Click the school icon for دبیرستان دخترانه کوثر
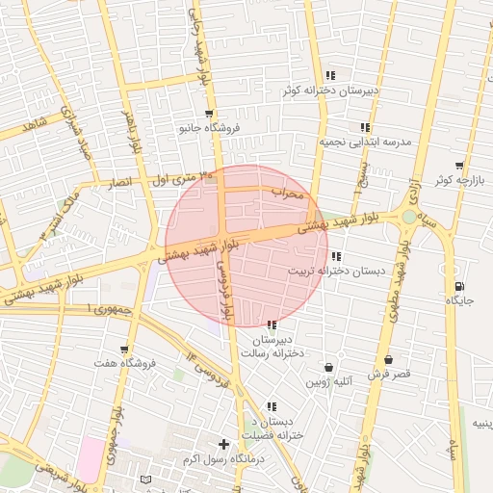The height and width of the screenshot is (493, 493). point(330,75)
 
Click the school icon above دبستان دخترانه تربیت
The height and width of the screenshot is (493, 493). point(335,256)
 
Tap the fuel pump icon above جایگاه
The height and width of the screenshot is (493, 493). point(457,286)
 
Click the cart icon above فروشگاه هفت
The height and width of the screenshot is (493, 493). point(124,349)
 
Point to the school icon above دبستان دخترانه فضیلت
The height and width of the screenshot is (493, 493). point(272,407)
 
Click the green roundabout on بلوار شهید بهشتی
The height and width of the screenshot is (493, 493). point(410,218)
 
